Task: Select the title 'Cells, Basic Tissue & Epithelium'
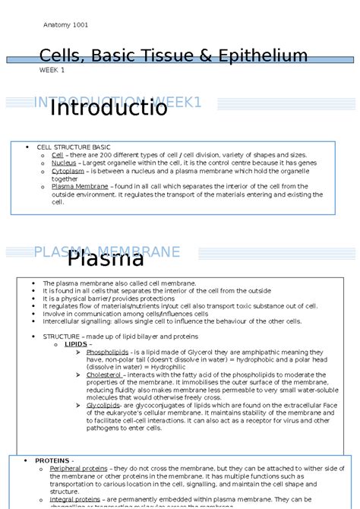(x=174, y=55)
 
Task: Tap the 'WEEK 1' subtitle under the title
(x=52, y=70)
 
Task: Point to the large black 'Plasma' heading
(x=106, y=259)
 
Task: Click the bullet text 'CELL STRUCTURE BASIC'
(x=74, y=147)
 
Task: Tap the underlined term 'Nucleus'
(x=64, y=163)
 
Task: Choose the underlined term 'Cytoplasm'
(x=68, y=171)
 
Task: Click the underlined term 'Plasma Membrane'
(x=80, y=186)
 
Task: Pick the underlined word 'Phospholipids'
(x=107, y=353)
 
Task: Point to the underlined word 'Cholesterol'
(x=104, y=375)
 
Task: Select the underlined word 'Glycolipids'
(x=104, y=405)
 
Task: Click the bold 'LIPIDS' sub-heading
(x=75, y=343)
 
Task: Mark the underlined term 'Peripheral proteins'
(x=78, y=469)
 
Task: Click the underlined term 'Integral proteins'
(x=74, y=499)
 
